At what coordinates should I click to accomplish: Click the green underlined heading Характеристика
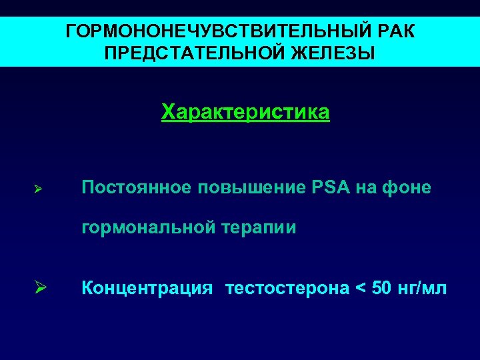[245, 111]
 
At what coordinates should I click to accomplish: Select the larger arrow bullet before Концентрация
[39, 289]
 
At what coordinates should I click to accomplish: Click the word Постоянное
[135, 188]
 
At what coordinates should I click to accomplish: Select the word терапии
[263, 228]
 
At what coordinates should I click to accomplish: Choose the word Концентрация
[147, 288]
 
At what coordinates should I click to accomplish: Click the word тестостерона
[287, 288]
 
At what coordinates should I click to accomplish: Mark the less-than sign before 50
[360, 289]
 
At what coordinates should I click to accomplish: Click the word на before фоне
[366, 188]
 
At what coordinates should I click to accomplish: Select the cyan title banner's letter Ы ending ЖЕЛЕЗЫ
[367, 53]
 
